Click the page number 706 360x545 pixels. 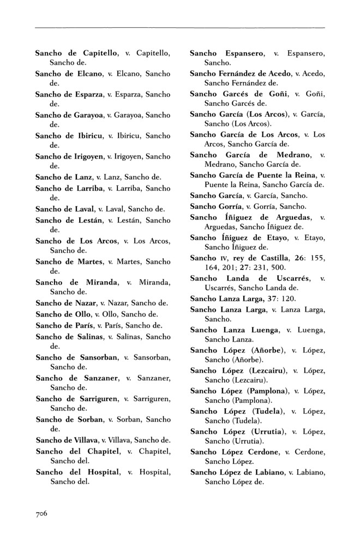(43, 513)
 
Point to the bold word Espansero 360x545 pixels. (244, 53)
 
